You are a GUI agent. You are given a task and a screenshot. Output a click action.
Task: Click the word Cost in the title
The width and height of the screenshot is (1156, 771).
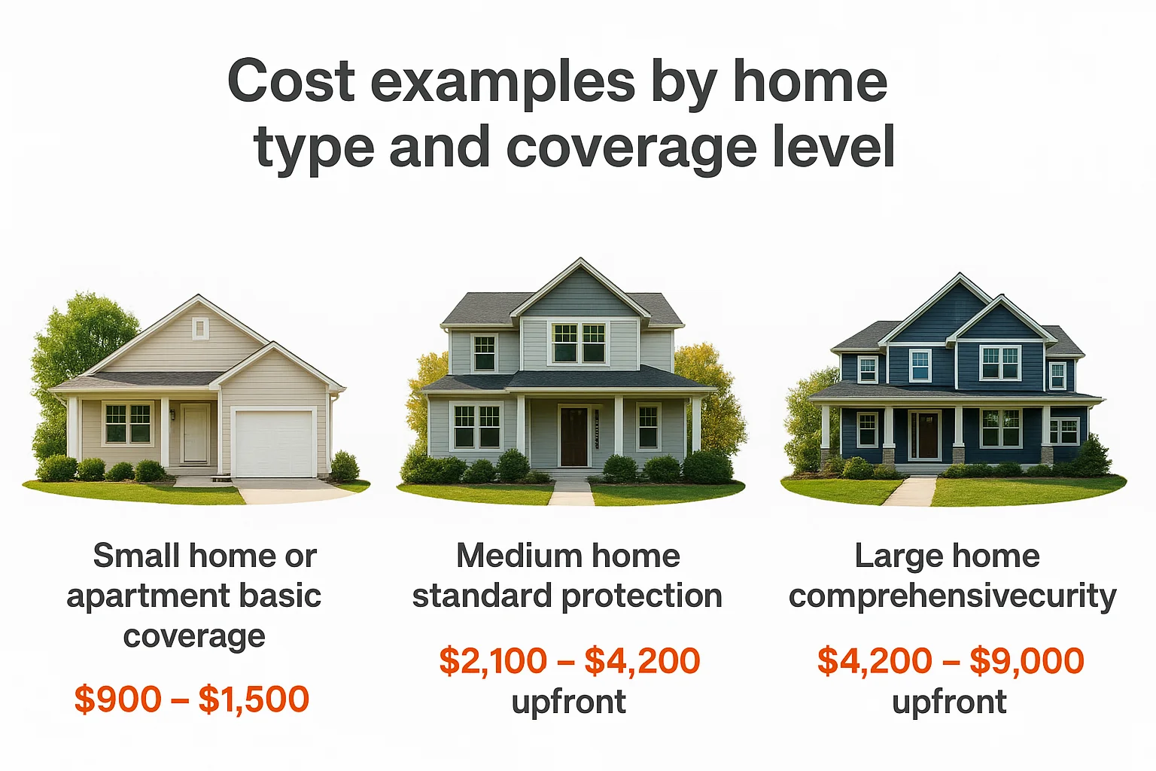click(291, 81)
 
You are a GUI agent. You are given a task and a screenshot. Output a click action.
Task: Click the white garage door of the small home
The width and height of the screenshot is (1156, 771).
click(273, 443)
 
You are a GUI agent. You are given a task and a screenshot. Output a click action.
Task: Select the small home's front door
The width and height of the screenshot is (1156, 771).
click(196, 434)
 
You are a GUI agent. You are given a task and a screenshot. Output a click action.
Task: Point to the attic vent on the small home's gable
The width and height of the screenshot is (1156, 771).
click(200, 328)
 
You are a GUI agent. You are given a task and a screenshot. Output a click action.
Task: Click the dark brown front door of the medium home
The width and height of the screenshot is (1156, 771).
click(573, 437)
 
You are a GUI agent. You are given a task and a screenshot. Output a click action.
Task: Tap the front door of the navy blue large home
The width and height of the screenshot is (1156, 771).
click(925, 435)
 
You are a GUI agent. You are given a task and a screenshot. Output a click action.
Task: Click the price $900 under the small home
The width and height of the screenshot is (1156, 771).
click(117, 699)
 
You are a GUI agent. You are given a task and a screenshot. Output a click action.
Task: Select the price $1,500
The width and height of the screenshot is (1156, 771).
click(254, 699)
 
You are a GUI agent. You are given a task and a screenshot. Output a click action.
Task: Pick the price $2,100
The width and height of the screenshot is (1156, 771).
click(493, 661)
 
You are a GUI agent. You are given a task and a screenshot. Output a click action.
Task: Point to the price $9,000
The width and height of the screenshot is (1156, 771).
click(1027, 661)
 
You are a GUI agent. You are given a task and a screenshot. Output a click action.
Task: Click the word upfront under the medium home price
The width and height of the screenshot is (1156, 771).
click(568, 702)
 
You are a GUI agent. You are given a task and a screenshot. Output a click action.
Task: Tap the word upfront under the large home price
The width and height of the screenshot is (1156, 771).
click(949, 702)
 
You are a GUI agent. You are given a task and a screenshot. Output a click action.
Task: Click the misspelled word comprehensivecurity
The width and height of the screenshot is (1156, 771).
click(952, 596)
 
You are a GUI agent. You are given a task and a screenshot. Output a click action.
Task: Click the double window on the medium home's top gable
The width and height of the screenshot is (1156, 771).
click(579, 343)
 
